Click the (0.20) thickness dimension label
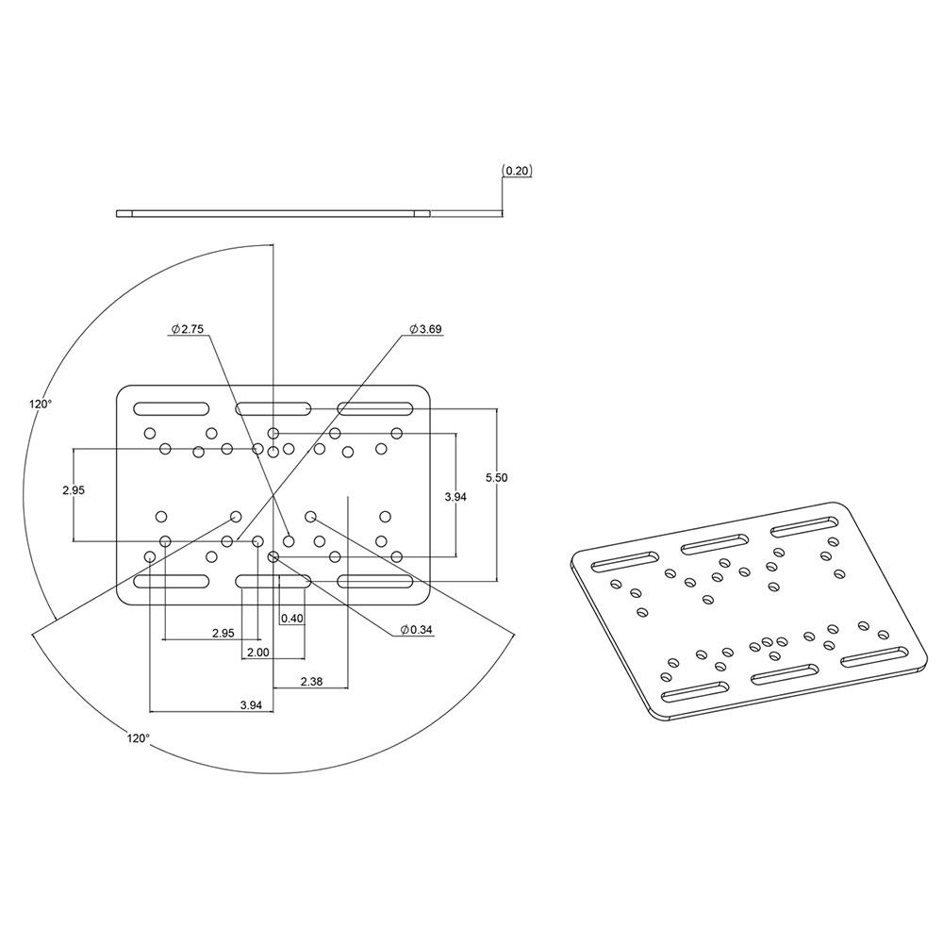(x=518, y=171)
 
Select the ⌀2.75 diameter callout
(x=188, y=329)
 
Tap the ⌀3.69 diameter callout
(x=425, y=329)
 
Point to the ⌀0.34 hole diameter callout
(x=416, y=629)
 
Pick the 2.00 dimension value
(x=257, y=653)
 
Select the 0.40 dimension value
(x=292, y=619)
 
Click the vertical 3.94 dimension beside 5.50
(x=455, y=496)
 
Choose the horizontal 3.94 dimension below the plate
(x=251, y=704)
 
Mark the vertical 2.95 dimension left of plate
(x=74, y=490)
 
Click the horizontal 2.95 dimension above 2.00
(x=223, y=634)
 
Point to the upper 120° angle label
(x=41, y=404)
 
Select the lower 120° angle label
(x=138, y=738)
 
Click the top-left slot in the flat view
(x=172, y=409)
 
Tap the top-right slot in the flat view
(x=375, y=409)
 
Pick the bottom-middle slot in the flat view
(x=273, y=581)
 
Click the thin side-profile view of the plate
(x=273, y=213)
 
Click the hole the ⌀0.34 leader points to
(x=273, y=557)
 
